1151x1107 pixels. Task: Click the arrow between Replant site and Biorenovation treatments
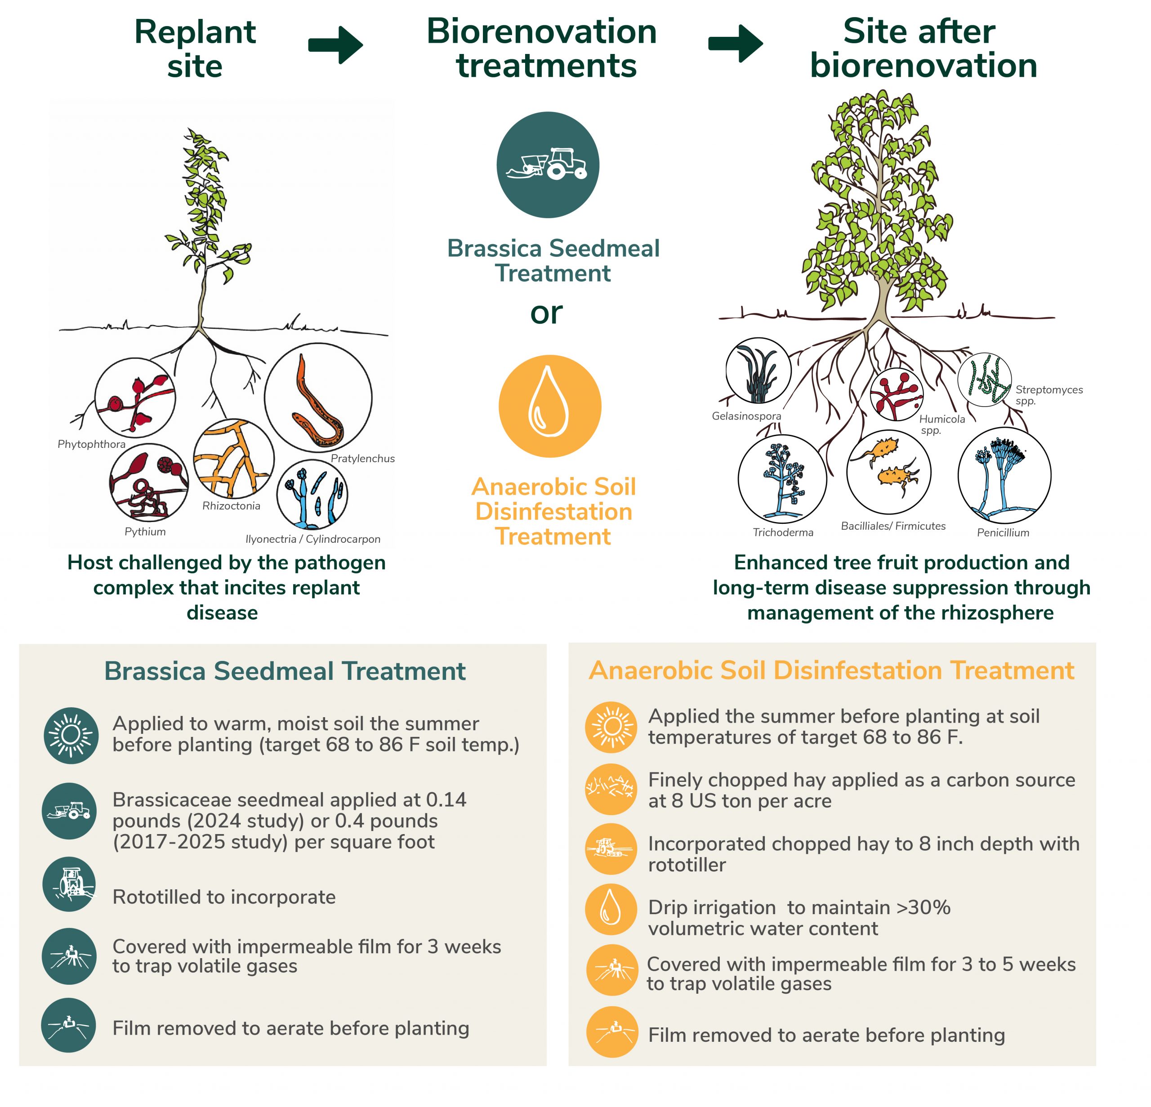pyautogui.click(x=335, y=45)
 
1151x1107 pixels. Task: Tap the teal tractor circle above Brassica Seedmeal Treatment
pyautogui.click(x=548, y=165)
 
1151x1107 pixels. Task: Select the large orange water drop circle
pyautogui.click(x=550, y=406)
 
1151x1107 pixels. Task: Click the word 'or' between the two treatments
pyautogui.click(x=547, y=313)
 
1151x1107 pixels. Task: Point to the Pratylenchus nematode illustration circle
pyautogui.click(x=318, y=397)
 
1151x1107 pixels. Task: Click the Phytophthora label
pyautogui.click(x=92, y=444)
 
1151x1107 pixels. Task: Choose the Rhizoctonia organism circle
pyautogui.click(x=234, y=459)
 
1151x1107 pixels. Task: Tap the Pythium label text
pyautogui.click(x=145, y=531)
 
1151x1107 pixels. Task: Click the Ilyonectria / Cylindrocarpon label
pyautogui.click(x=313, y=539)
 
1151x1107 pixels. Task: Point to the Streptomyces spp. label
pyautogui.click(x=1049, y=395)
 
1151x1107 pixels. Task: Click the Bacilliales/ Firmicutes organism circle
pyautogui.click(x=889, y=472)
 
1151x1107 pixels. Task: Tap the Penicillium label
pyautogui.click(x=1003, y=533)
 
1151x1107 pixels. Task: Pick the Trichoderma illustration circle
pyautogui.click(x=782, y=478)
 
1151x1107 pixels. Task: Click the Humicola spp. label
pyautogui.click(x=942, y=424)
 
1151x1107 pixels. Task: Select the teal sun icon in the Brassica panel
pyautogui.click(x=71, y=735)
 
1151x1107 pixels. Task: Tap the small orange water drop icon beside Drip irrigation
pyautogui.click(x=611, y=910)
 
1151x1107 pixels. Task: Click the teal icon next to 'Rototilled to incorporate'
pyautogui.click(x=69, y=884)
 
